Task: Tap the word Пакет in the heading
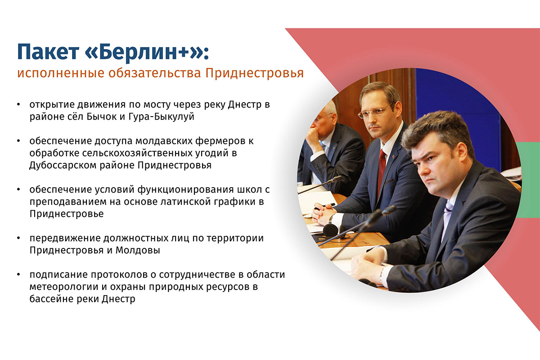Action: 48,52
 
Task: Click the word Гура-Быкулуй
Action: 161,117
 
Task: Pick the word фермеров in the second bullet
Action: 220,141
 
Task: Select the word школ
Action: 250,190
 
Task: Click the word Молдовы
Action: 138,251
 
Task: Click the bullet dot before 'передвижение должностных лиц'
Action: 19,238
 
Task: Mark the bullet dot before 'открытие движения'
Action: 19,105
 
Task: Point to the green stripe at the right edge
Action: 528,180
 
